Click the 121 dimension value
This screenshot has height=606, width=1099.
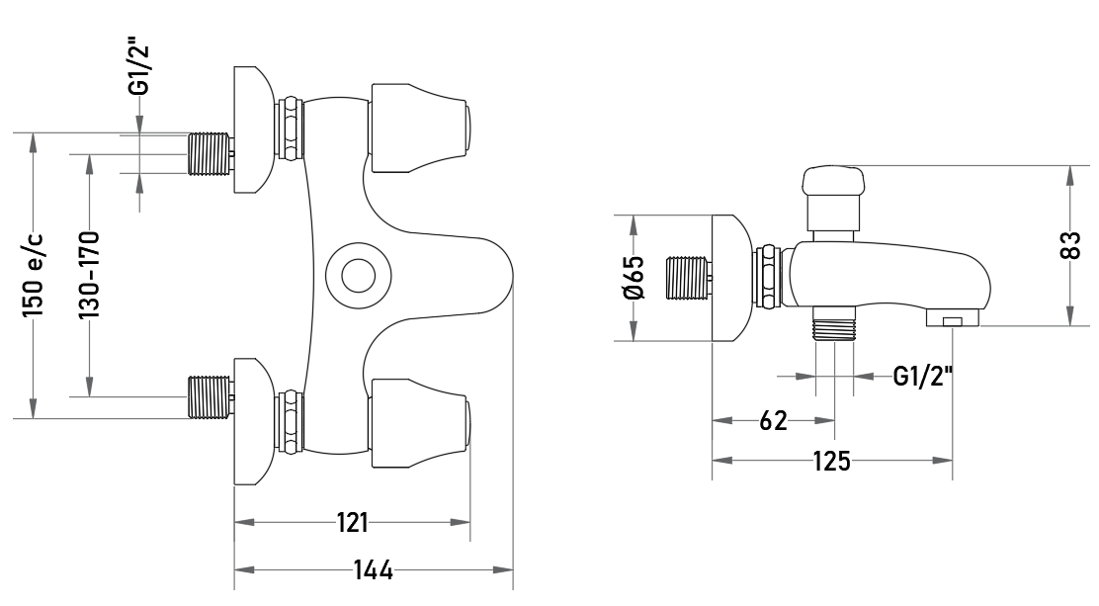(x=353, y=523)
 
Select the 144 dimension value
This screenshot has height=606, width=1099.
(x=373, y=570)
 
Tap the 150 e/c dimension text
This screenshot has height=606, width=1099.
(x=33, y=275)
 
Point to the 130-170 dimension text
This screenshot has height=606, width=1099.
(x=89, y=275)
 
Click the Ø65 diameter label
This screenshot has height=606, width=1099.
(x=633, y=278)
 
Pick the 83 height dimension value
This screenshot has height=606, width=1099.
(x=1069, y=245)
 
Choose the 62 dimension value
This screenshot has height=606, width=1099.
(x=773, y=421)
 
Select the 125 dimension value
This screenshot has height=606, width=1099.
(x=831, y=461)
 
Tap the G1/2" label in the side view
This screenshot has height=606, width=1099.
(x=923, y=377)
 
